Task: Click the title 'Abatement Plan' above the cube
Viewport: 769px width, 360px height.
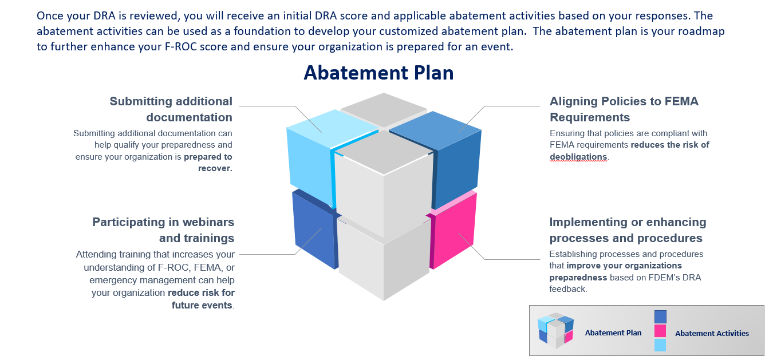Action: click(x=378, y=73)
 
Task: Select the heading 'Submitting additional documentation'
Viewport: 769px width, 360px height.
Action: click(x=171, y=109)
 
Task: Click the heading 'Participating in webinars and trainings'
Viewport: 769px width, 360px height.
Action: click(x=163, y=230)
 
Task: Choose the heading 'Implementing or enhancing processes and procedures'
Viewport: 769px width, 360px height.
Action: click(x=628, y=230)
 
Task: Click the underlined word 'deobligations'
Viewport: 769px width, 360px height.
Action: click(x=578, y=156)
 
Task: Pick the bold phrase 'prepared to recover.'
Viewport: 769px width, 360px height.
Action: click(x=208, y=162)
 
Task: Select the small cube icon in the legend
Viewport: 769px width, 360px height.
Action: click(x=555, y=330)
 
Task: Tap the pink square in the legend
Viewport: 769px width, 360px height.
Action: click(x=660, y=331)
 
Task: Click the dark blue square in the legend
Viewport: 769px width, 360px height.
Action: click(x=660, y=317)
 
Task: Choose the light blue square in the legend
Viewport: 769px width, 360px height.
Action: click(x=660, y=345)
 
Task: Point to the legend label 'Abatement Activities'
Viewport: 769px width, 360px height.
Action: click(x=712, y=333)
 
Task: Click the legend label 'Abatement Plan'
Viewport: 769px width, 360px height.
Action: click(x=613, y=333)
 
